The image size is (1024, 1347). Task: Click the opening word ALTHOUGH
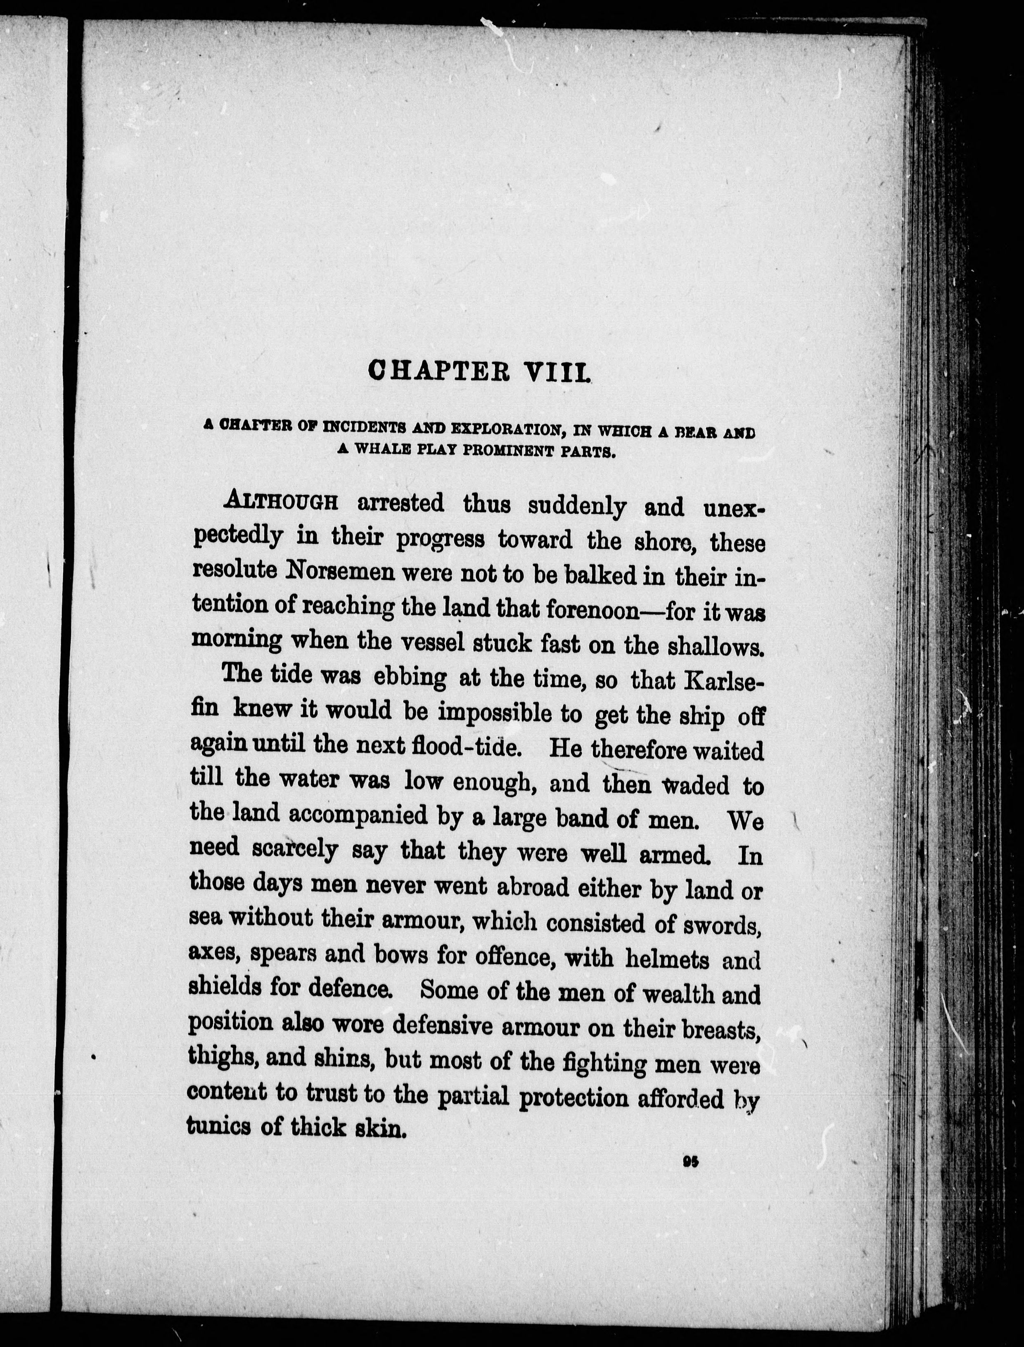click(x=281, y=501)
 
